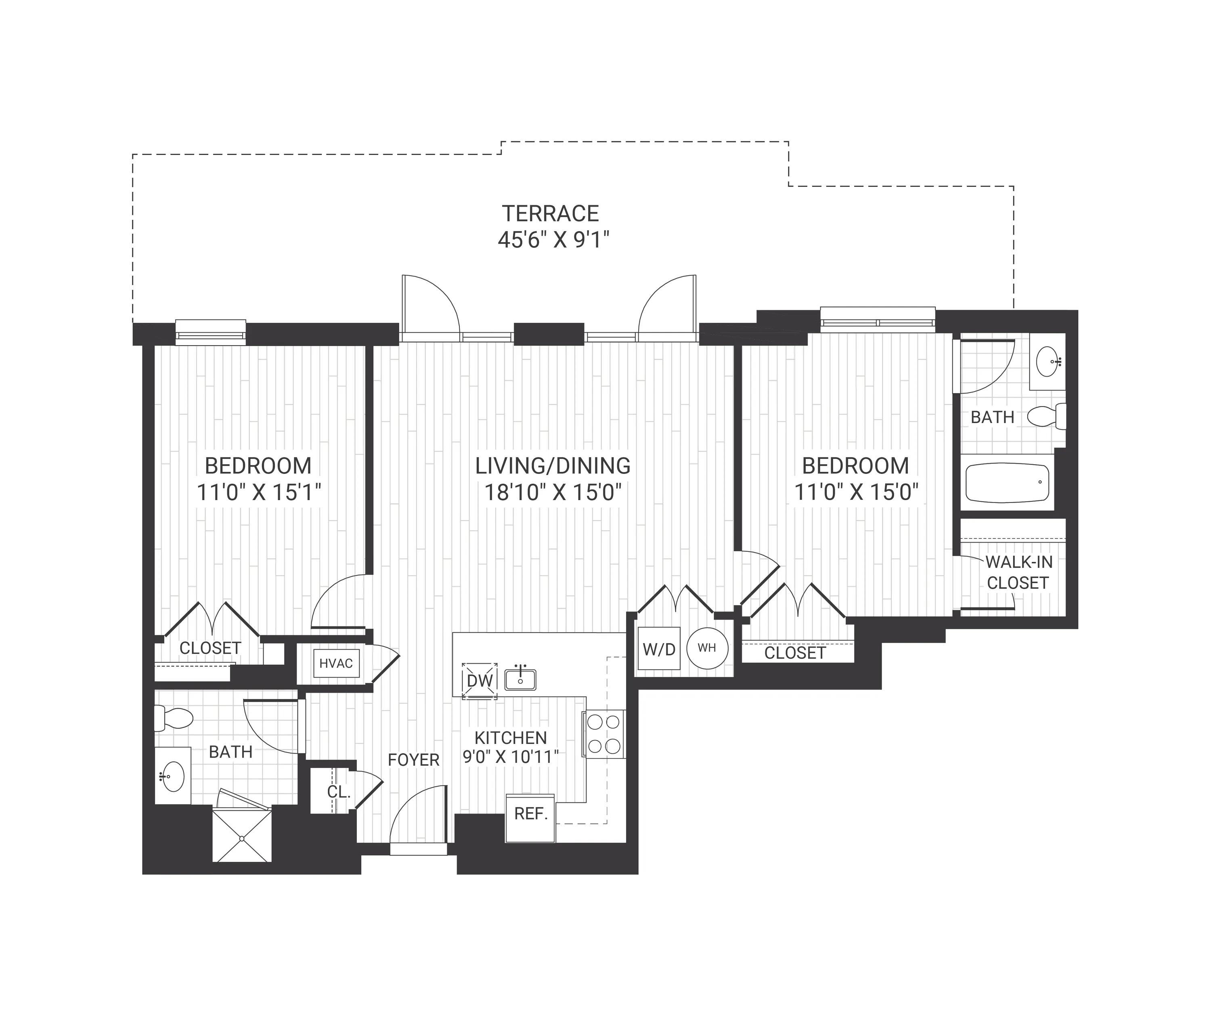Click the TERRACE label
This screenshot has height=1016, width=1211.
click(x=550, y=214)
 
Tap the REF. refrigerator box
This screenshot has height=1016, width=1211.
click(x=530, y=818)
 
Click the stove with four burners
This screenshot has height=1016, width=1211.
click(x=604, y=734)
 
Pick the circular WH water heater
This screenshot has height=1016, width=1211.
click(x=707, y=647)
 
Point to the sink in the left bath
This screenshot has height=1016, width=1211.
click(x=172, y=776)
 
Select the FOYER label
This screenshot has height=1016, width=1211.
click(x=413, y=760)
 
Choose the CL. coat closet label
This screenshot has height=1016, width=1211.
click(x=339, y=792)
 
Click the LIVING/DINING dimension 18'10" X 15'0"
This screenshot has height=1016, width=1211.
click(x=553, y=492)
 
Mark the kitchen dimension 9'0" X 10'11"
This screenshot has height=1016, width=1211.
click(x=511, y=756)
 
